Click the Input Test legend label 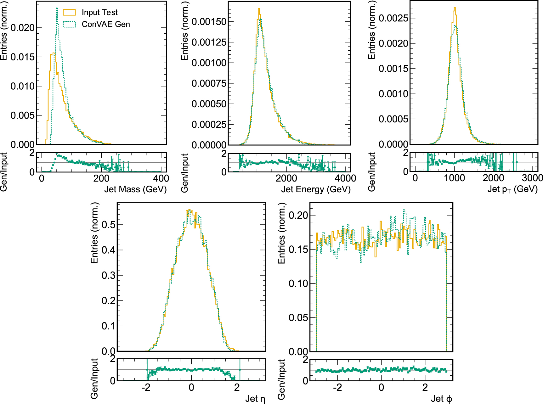99,12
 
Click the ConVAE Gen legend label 106,24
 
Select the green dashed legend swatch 69,24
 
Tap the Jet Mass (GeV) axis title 135,189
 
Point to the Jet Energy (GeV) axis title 316,189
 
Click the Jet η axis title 255,399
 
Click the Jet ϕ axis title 441,399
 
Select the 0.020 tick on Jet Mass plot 22,28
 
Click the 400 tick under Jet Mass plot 161,178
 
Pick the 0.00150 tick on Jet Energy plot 209,22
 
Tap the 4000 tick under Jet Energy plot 345,178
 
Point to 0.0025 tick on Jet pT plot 393,18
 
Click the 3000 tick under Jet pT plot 532,178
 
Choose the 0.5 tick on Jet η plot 108,225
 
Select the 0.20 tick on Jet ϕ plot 298,215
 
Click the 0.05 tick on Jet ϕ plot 298,317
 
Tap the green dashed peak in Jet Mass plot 57,8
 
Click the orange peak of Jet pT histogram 455,8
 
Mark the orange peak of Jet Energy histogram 258,8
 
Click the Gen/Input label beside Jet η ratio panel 94,379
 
